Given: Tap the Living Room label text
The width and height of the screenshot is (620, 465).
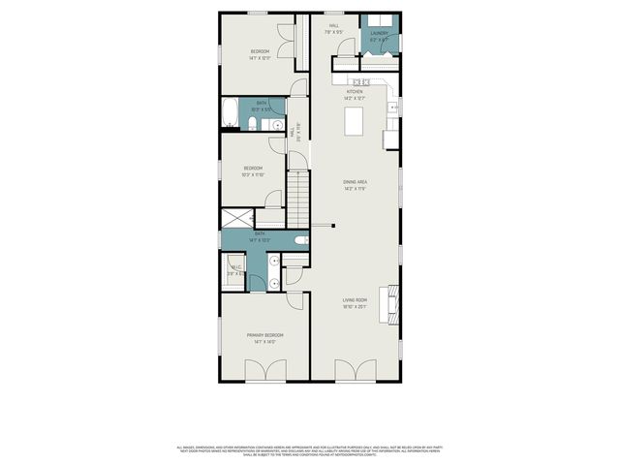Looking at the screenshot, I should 355,300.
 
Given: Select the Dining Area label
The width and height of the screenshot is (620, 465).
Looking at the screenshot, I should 355,182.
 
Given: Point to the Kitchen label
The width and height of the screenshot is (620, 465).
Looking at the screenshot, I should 355,92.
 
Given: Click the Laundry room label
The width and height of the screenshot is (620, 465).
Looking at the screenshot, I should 379,34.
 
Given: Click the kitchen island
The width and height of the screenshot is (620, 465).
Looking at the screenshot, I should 356,121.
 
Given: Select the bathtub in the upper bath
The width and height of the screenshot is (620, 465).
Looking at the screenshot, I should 231,113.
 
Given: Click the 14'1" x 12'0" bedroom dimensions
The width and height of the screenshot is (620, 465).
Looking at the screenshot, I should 260,58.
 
